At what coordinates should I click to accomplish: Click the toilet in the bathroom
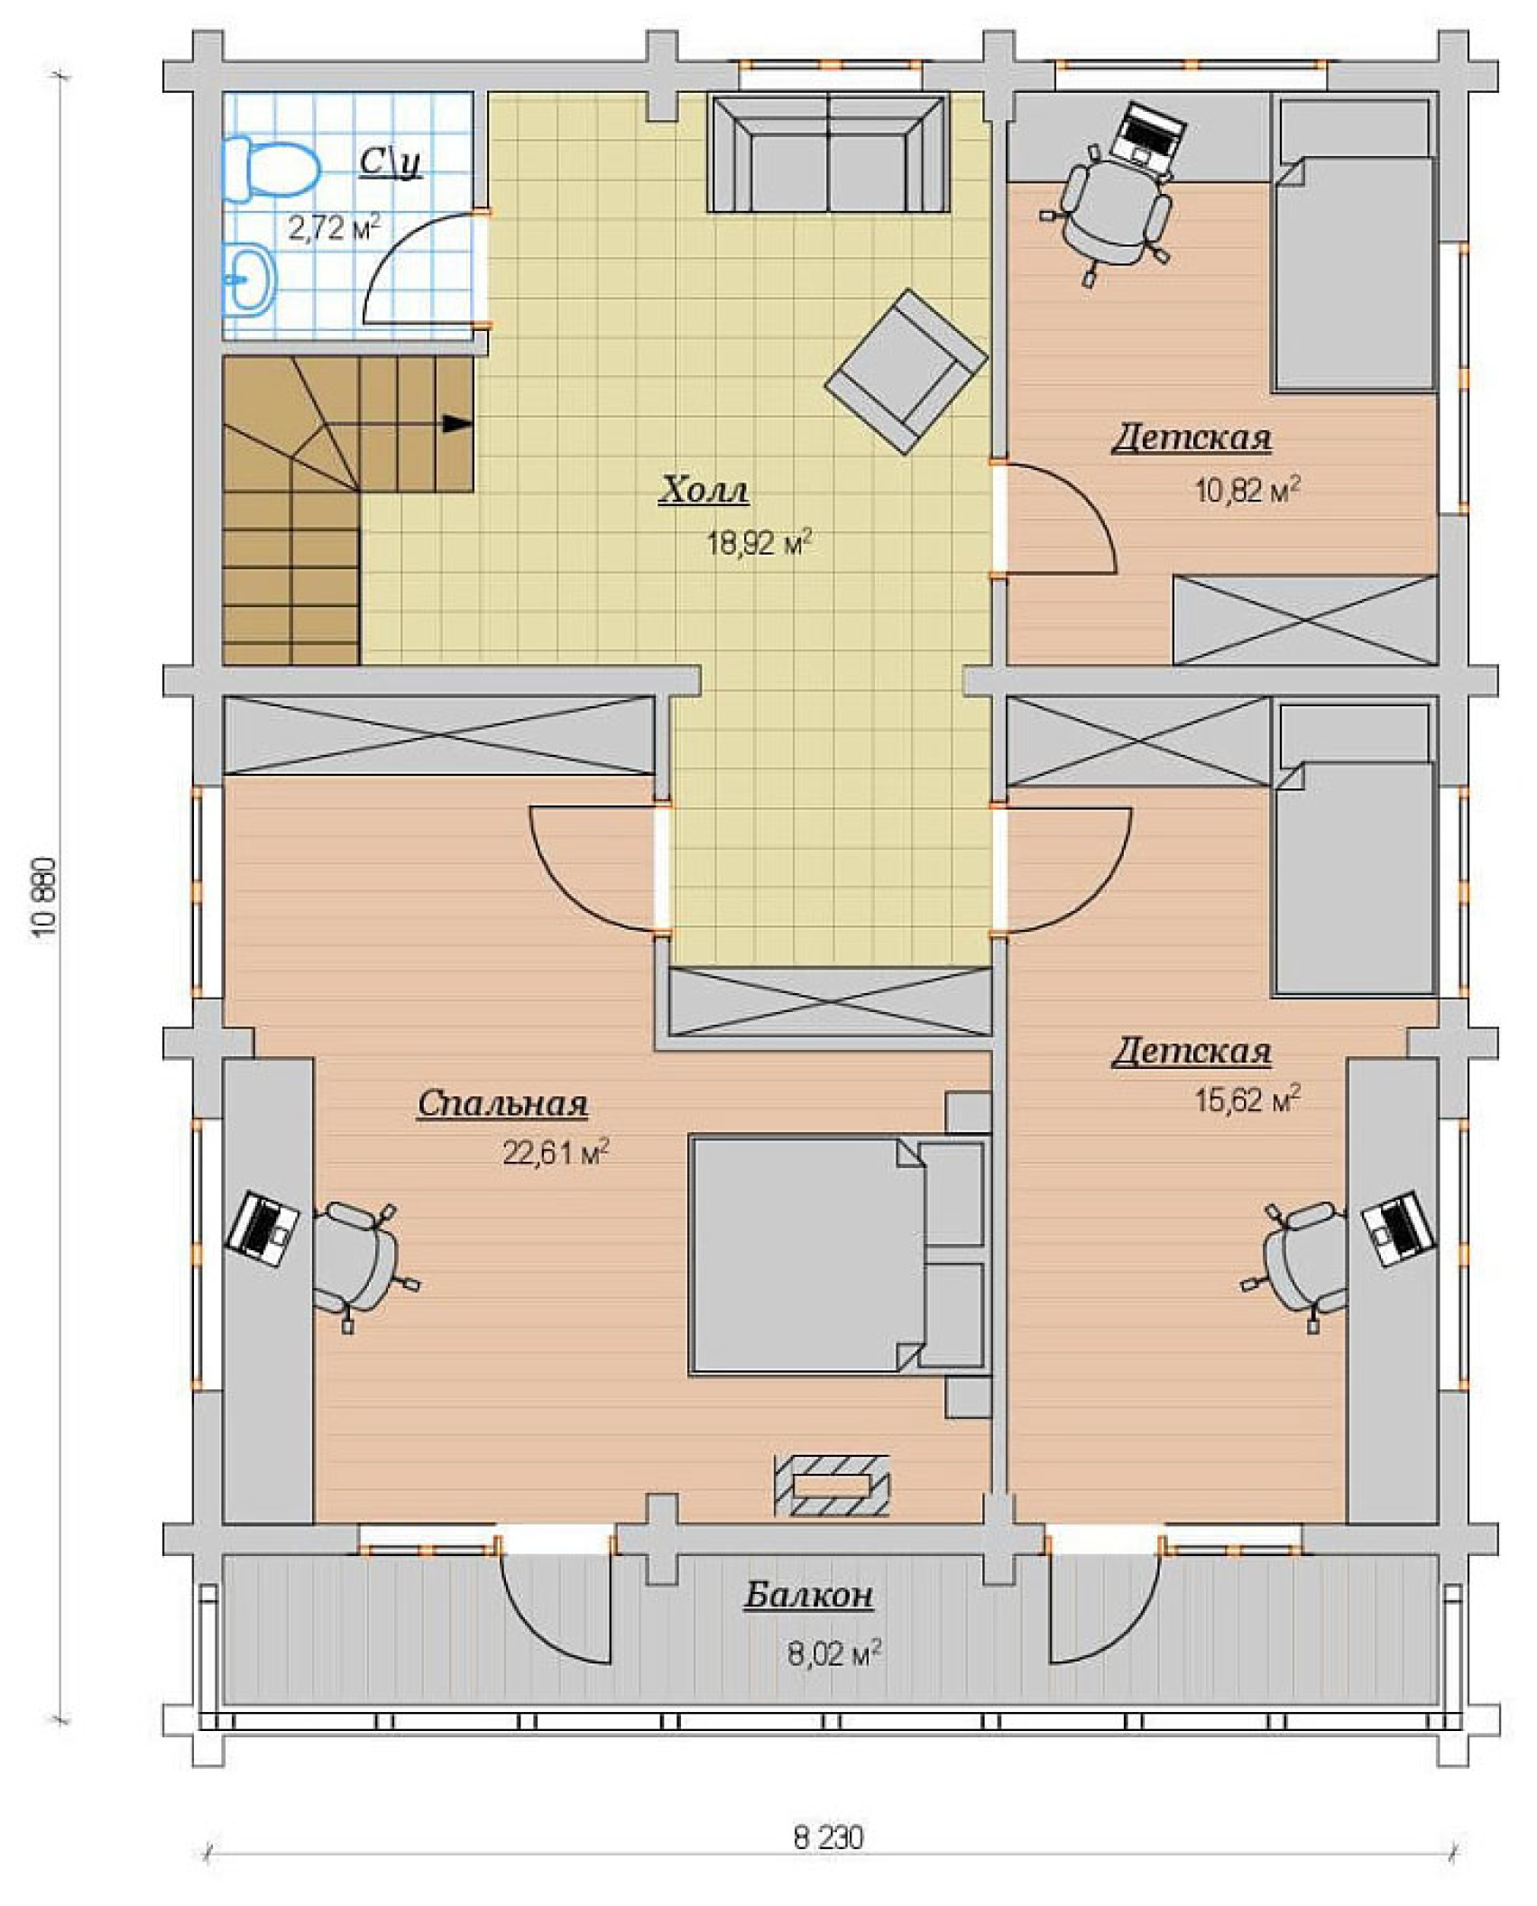[271, 170]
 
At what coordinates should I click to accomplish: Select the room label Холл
[704, 491]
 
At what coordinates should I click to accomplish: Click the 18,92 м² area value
[759, 543]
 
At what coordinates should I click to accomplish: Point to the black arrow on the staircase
[456, 423]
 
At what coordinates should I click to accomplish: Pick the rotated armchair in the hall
[906, 372]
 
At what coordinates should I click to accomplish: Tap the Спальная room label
[502, 1103]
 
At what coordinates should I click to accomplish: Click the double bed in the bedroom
[836, 1255]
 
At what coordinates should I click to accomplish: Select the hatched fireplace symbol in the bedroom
[832, 1485]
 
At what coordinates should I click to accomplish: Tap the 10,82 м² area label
[1247, 491]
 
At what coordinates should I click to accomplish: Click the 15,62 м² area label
[1247, 1100]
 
